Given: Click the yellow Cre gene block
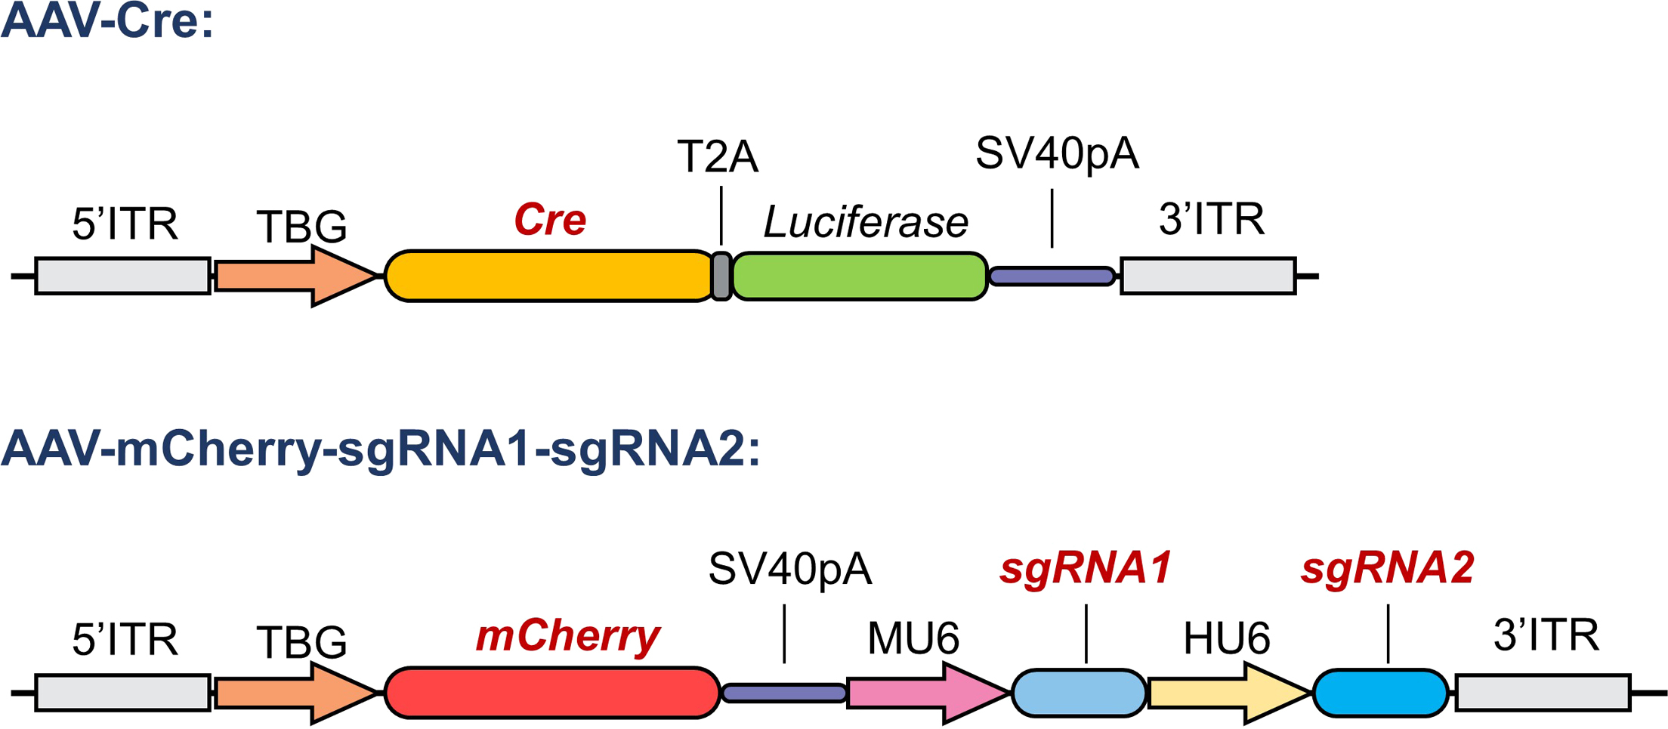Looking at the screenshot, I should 548,276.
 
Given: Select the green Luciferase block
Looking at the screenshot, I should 860,276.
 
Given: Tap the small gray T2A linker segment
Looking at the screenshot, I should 721,276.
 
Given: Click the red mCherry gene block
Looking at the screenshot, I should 551,692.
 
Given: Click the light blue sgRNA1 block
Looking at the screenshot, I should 1079,692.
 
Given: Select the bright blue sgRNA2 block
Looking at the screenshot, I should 1380,692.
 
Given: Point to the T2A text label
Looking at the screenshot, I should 717,157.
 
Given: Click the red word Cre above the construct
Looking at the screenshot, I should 550,220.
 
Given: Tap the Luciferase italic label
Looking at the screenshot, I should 866,222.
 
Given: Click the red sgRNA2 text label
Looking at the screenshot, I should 1387,567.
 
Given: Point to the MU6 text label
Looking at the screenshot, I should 913,638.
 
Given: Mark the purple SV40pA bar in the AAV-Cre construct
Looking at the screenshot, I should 1052,276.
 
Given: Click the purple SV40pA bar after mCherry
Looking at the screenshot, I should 784,693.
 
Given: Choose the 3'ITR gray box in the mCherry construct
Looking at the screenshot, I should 1543,693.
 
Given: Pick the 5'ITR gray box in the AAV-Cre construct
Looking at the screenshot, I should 122,276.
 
